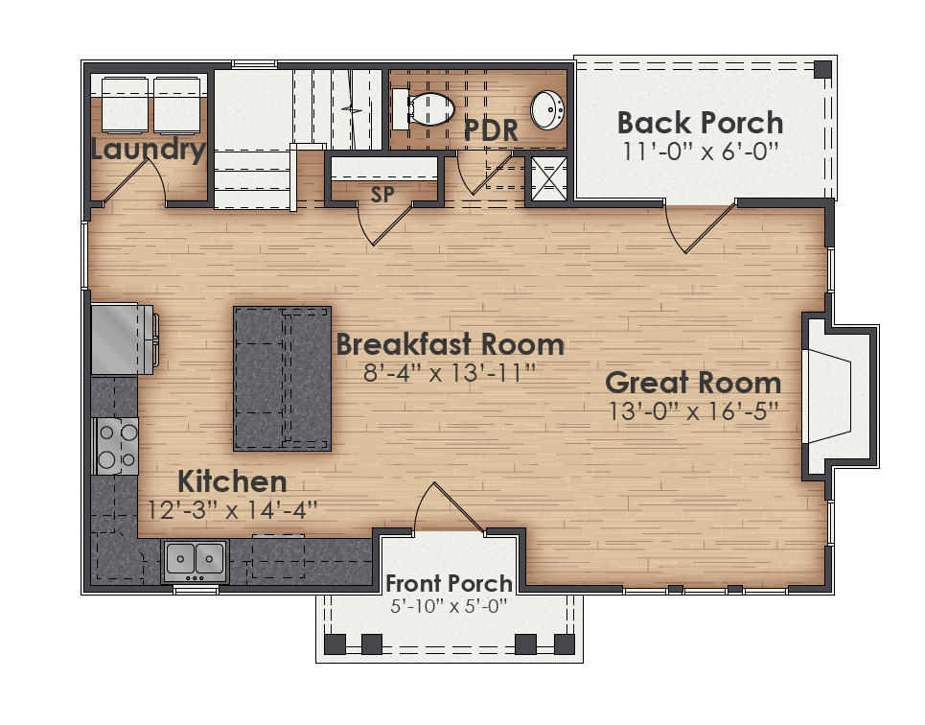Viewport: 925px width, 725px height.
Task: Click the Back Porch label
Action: (700, 123)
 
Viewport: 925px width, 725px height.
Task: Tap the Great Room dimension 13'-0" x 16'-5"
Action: (693, 410)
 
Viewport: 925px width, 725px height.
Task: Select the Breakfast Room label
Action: (450, 343)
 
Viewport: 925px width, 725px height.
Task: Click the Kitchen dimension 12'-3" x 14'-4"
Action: (232, 508)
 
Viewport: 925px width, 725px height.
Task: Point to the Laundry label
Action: (149, 150)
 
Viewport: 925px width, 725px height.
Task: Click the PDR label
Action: (491, 130)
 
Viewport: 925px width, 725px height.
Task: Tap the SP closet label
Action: (383, 193)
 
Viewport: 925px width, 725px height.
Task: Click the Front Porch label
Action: (449, 583)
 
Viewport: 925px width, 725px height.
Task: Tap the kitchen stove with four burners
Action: (116, 446)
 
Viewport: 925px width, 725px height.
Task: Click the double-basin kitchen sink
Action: (196, 559)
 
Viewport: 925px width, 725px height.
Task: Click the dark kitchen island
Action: (283, 379)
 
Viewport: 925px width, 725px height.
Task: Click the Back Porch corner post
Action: (822, 68)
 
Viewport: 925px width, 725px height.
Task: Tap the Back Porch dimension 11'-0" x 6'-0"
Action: (700, 152)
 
